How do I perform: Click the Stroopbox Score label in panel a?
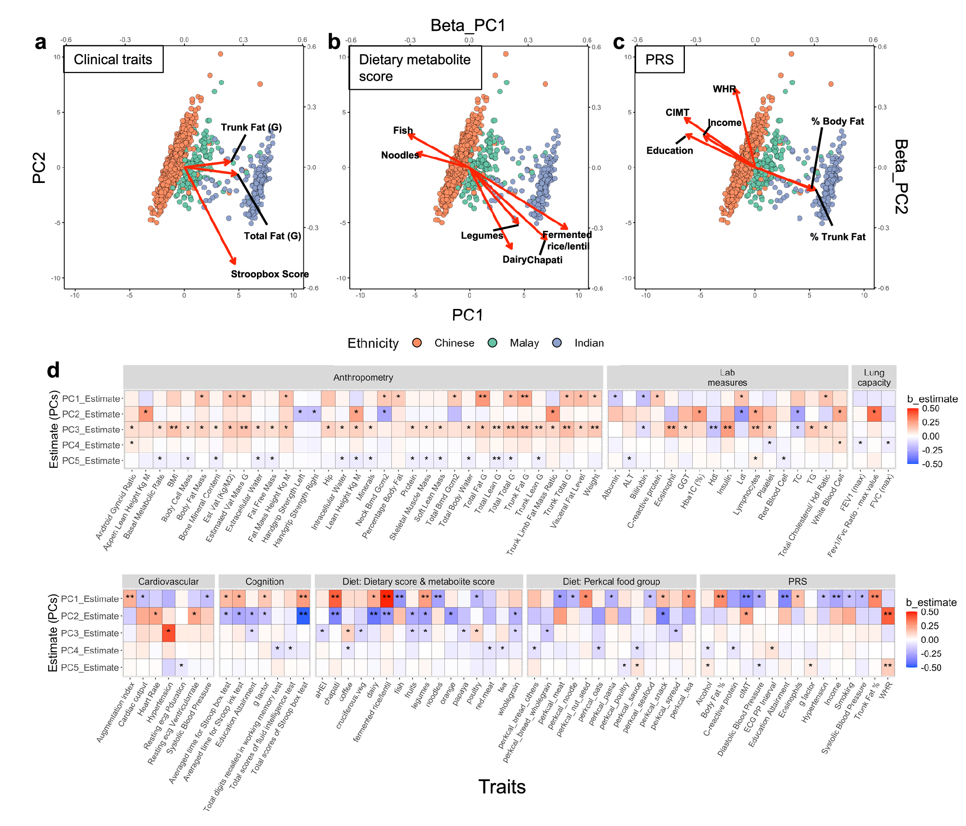click(x=270, y=274)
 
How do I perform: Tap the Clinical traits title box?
click(x=113, y=59)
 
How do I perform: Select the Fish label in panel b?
click(x=403, y=130)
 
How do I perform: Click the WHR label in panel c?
click(x=724, y=89)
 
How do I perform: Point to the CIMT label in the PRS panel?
click(x=677, y=112)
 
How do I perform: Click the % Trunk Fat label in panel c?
click(x=838, y=237)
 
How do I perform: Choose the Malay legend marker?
click(x=493, y=343)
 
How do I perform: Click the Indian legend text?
click(x=589, y=343)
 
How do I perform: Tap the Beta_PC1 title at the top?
click(x=468, y=25)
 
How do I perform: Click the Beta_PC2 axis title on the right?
click(x=901, y=177)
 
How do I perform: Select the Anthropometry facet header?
click(x=363, y=377)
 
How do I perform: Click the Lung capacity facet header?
click(x=874, y=377)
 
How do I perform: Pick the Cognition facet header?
click(x=264, y=581)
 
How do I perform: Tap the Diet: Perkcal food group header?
click(x=611, y=581)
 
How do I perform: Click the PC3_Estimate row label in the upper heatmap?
click(x=91, y=429)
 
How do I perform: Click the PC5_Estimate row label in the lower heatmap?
click(x=90, y=667)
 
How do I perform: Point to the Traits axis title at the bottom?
click(x=502, y=786)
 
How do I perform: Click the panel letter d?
click(x=53, y=370)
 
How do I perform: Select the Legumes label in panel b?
click(x=482, y=235)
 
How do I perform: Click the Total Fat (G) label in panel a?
click(x=272, y=236)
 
